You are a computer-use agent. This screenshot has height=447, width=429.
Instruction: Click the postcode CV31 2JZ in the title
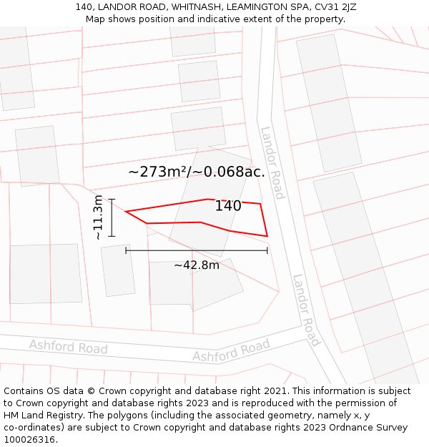pos(332,7)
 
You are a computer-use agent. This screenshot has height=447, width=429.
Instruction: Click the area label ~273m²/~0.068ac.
pos(197,172)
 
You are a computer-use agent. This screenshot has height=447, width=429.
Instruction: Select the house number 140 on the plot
pos(228,206)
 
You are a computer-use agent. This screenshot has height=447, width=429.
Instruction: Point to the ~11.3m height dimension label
pos(98,217)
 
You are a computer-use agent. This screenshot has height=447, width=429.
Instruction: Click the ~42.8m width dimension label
pos(197,265)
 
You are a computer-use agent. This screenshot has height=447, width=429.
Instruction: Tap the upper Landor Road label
pos(272,163)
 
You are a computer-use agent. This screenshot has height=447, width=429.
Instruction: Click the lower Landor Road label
pos(306,310)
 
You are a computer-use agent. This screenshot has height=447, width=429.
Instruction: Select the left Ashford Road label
pos(68,348)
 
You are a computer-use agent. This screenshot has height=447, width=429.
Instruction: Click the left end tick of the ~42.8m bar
pos(127,250)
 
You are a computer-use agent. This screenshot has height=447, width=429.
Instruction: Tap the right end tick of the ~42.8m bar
pos(267,250)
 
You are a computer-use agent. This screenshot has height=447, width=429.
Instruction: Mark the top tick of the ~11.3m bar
pos(112,199)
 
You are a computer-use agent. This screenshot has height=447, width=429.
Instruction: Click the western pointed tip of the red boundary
pos(126,212)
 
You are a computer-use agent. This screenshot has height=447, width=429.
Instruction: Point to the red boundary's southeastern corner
pos(267,236)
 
